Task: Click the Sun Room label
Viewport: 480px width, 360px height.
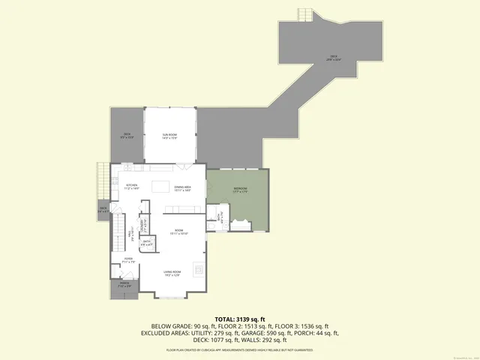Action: (169, 136)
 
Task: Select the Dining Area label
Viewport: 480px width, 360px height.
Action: (183, 189)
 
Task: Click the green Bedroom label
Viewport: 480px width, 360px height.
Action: (239, 189)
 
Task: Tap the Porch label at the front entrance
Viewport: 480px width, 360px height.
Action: (124, 285)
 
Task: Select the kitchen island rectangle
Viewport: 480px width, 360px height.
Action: (160, 185)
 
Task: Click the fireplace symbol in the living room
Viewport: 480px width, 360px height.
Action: (198, 268)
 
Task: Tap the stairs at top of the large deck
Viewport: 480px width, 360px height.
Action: (304, 15)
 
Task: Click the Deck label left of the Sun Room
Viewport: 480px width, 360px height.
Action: (128, 136)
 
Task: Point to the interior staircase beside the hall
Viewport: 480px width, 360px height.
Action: (118, 232)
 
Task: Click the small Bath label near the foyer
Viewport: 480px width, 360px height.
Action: (147, 242)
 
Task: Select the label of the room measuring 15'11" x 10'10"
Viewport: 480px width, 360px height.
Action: (179, 232)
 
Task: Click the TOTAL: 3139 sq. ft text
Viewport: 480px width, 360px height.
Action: (239, 319)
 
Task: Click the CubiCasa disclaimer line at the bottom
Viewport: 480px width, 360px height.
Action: (239, 349)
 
